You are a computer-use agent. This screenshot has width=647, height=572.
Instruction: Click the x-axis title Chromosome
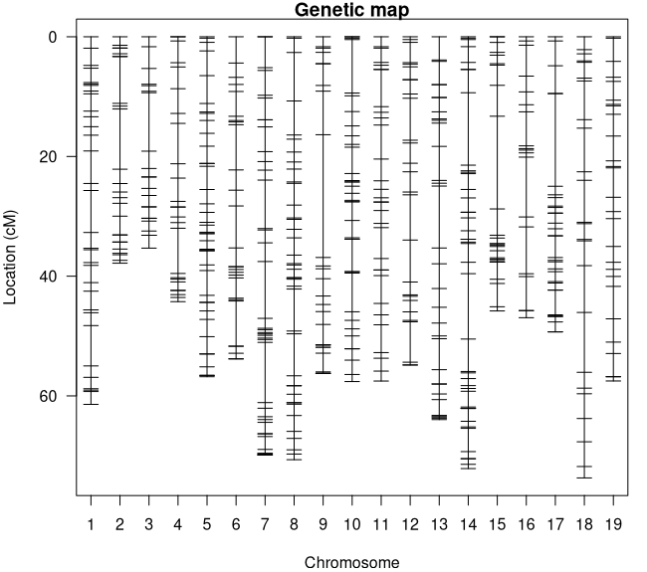[351, 562]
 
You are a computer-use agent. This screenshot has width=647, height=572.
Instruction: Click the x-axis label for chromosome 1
[91, 524]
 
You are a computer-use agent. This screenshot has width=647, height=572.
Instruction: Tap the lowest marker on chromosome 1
[91, 404]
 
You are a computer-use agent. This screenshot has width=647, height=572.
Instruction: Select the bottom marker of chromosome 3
[148, 248]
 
